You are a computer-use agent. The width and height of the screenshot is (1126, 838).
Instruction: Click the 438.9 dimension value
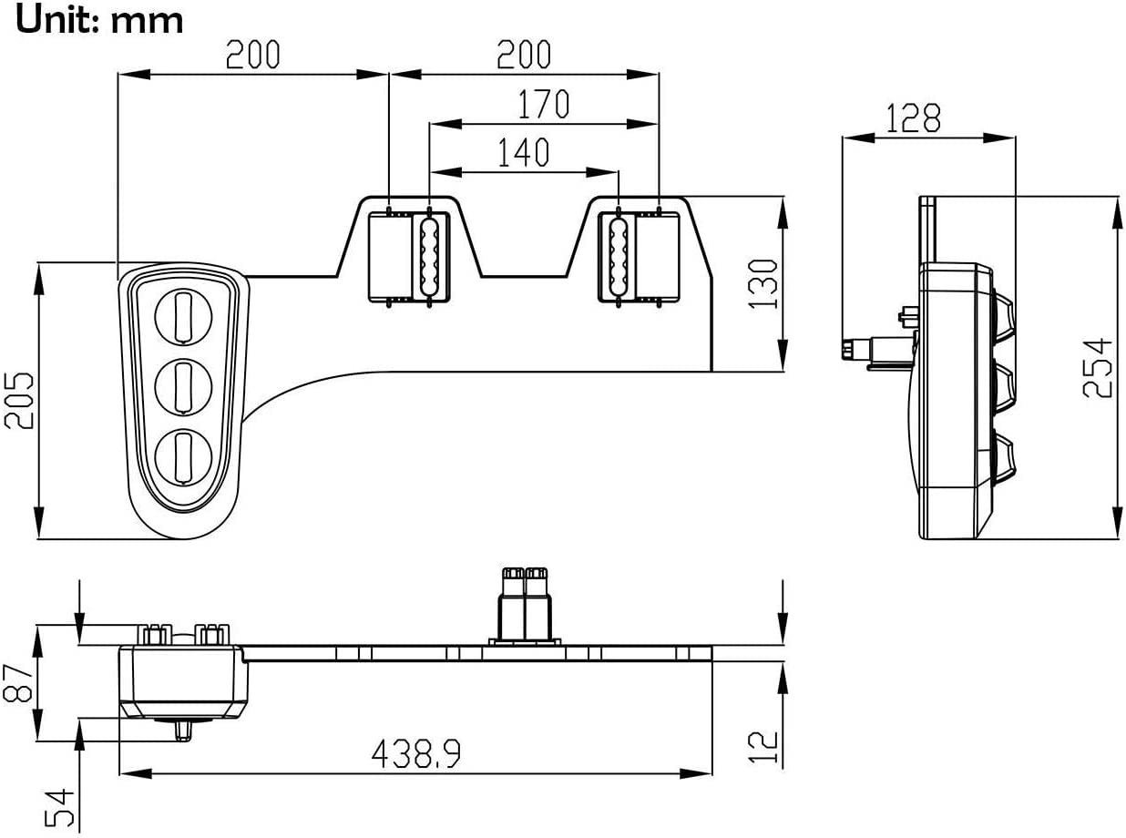pos(415,753)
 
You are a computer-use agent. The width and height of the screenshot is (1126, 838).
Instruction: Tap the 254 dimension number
pos(1099,367)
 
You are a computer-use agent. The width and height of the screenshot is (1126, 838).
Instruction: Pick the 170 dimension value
pos(543,105)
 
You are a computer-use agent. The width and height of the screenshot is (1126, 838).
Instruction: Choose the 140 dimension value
pos(523,153)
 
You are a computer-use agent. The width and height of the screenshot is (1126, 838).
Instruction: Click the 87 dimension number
pos(20,682)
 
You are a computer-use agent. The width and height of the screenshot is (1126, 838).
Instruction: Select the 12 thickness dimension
pos(766,748)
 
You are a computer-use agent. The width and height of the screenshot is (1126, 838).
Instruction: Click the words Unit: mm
pos(100,19)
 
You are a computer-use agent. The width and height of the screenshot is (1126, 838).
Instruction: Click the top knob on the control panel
pos(183,316)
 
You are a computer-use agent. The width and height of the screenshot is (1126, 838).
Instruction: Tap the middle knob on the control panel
pos(183,386)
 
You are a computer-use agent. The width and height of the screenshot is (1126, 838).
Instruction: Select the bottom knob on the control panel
pos(183,456)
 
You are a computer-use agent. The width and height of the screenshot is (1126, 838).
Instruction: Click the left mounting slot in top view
pos(428,257)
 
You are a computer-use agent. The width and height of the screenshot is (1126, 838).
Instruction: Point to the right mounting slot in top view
pos(618,257)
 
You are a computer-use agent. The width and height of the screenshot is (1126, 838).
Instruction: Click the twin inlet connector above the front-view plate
pos(524,603)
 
